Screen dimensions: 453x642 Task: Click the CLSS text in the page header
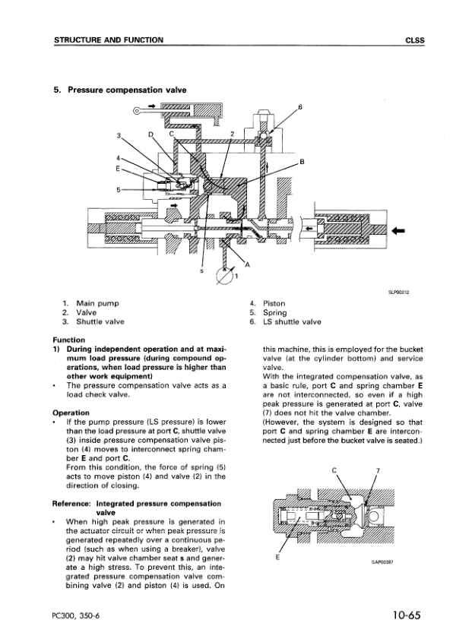[x=415, y=40]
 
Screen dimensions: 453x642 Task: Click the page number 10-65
[x=407, y=615]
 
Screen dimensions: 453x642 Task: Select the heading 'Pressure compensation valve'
[x=127, y=90]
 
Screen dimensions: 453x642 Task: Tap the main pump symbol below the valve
[x=223, y=276]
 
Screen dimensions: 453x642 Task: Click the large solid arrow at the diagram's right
[x=398, y=231]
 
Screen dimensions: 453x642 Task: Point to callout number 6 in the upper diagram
[x=300, y=107]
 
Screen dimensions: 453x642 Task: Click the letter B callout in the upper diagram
[x=302, y=162]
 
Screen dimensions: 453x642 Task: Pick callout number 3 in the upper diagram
[x=119, y=135]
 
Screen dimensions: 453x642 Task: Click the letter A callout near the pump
[x=247, y=265]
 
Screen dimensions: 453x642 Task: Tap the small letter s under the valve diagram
[x=201, y=270]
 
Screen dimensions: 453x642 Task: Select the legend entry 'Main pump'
[x=97, y=303]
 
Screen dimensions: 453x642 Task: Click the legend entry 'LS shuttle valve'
[x=292, y=322]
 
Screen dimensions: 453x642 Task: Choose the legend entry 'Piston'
[x=274, y=303]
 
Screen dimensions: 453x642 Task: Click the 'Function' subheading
[x=69, y=340]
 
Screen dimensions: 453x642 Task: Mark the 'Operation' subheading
[x=71, y=413]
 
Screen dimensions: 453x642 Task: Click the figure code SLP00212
[x=399, y=293]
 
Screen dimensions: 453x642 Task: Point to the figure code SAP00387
[x=382, y=562]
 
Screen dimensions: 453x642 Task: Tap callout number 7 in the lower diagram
[x=378, y=470]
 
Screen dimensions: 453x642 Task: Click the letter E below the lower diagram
[x=277, y=558]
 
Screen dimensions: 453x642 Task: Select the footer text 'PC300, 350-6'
[x=77, y=616]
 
